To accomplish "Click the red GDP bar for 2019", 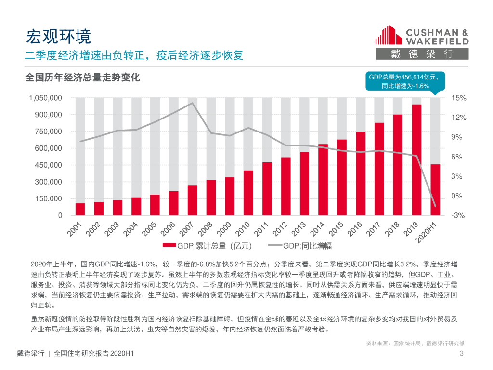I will click(x=416, y=159).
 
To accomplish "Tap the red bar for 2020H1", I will click(x=435, y=190).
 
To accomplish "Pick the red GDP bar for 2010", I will click(x=248, y=193).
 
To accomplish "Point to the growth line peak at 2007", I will click(x=192, y=103).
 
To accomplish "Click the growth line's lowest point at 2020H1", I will click(x=435, y=206).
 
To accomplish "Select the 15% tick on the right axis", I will click(x=459, y=98).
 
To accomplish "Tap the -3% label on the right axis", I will click(x=458, y=216).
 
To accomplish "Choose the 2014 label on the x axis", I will click(x=317, y=229).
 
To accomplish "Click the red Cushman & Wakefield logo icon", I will click(x=388, y=36).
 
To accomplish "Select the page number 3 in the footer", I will click(x=461, y=355).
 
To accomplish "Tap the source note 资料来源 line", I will click(x=415, y=344).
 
